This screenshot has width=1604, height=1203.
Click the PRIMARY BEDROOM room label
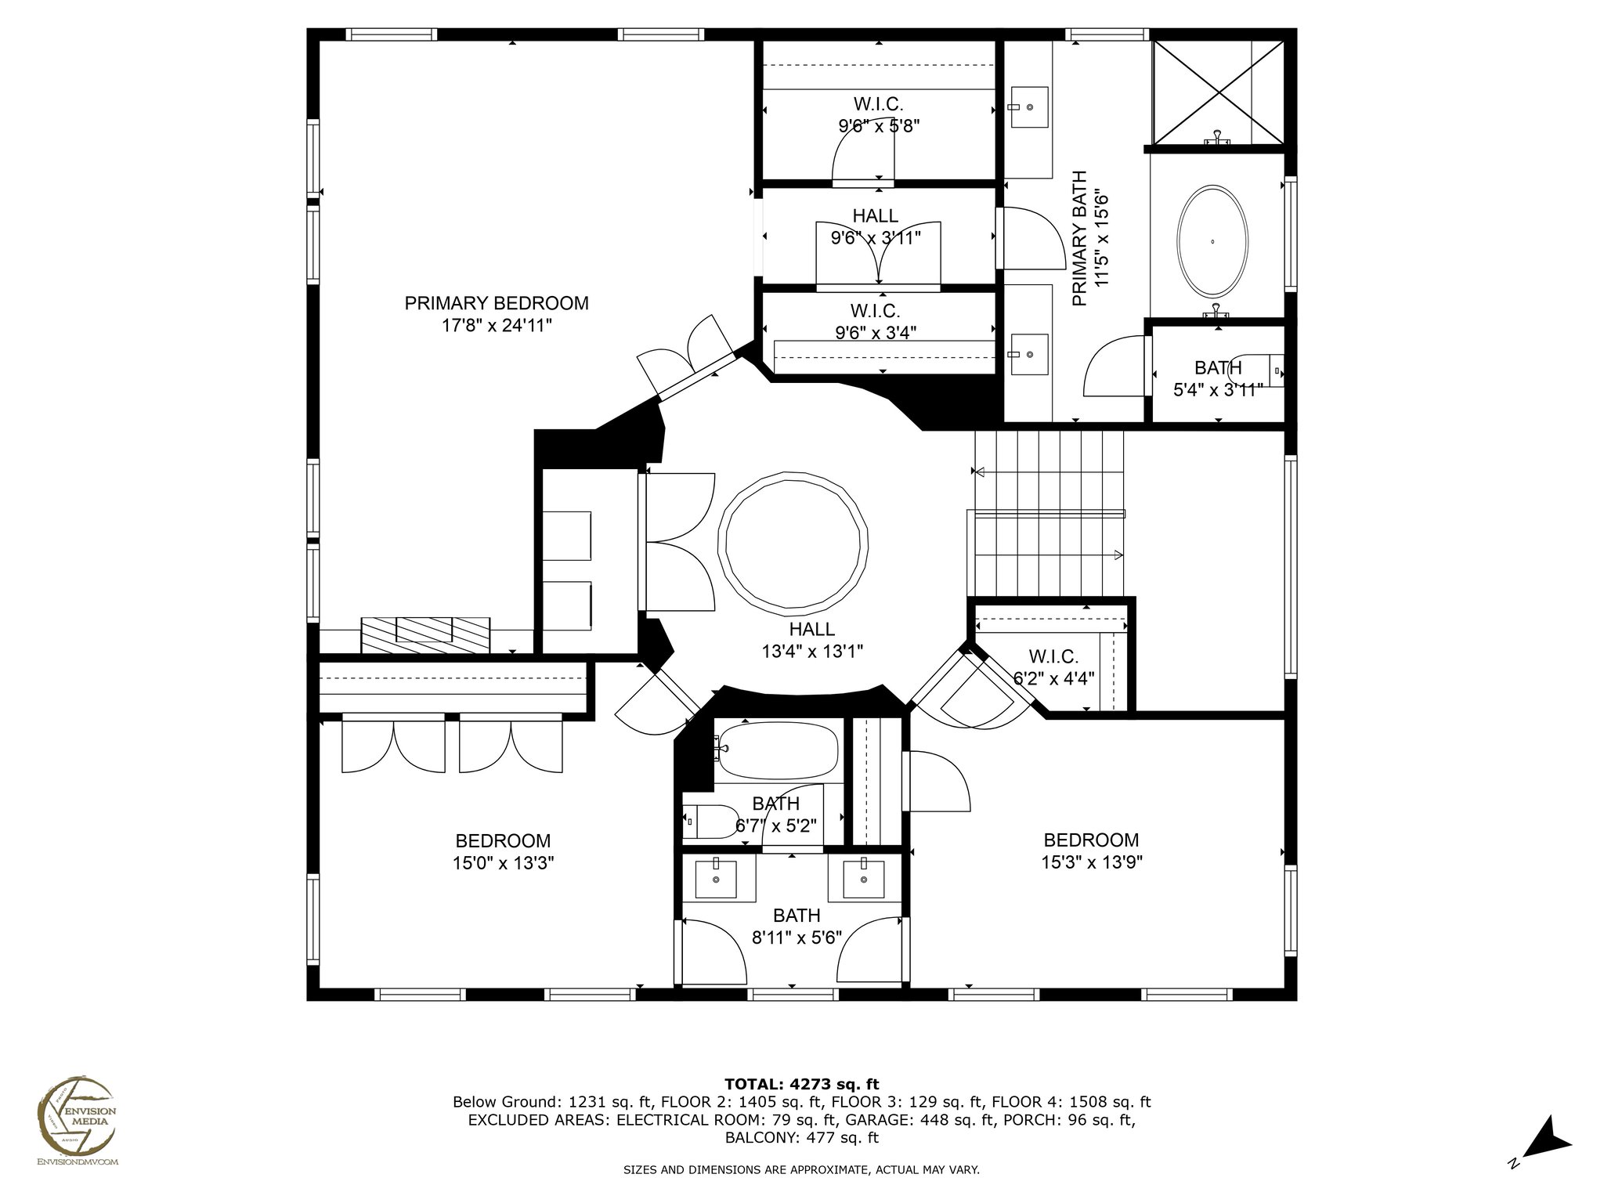(x=497, y=303)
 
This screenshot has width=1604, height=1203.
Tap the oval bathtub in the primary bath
(x=1212, y=240)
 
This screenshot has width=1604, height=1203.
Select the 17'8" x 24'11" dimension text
(x=497, y=326)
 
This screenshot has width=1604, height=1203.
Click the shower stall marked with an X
(x=1219, y=92)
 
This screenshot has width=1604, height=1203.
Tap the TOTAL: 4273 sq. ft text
(x=802, y=1085)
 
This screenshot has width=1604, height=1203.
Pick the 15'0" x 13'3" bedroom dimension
(x=503, y=863)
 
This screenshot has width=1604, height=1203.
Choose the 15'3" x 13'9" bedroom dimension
(x=1091, y=862)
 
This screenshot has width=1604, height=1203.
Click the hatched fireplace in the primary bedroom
(x=425, y=635)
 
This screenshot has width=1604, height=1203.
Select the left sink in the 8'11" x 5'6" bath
(x=717, y=878)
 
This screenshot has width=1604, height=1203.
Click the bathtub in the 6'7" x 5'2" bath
(x=778, y=750)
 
